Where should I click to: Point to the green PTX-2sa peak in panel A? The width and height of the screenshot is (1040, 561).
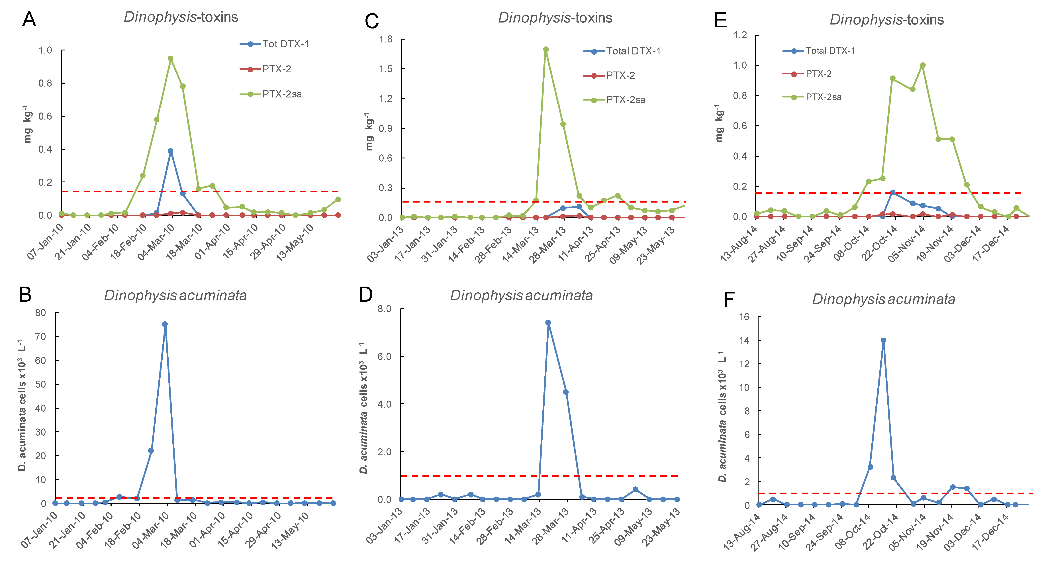[x=170, y=59]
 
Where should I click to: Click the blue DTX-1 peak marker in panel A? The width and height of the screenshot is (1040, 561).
[x=170, y=151]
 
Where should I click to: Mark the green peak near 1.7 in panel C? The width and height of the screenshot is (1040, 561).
[x=546, y=49]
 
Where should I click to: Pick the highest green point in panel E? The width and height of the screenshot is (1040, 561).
[x=923, y=65]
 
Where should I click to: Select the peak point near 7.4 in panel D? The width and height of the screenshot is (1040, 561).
[x=548, y=322]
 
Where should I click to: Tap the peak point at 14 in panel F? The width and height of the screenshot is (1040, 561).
[x=883, y=340]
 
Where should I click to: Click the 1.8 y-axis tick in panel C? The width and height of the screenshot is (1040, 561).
[x=386, y=39]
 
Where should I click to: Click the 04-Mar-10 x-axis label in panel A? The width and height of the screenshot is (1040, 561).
[x=156, y=242]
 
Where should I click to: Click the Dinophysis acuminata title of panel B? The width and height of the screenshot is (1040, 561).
[x=175, y=296]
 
